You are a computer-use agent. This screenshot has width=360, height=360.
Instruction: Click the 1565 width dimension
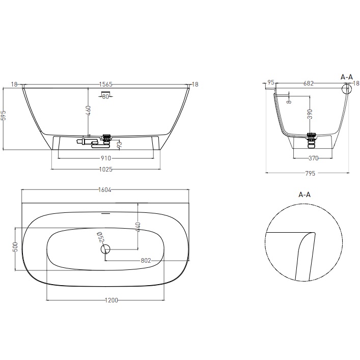(x=106, y=85)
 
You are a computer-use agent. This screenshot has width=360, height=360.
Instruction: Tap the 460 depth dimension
(x=88, y=110)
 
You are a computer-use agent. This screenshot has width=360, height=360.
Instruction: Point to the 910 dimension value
(x=106, y=158)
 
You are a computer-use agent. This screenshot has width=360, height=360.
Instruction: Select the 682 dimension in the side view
(x=308, y=83)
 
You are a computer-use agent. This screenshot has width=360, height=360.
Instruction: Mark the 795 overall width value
(x=309, y=173)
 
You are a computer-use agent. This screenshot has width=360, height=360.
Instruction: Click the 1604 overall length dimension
(x=105, y=190)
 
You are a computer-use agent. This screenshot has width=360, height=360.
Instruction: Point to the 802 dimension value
(x=146, y=260)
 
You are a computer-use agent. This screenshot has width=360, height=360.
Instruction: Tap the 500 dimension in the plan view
(x=16, y=247)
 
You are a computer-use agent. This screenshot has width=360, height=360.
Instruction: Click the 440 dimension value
(x=137, y=226)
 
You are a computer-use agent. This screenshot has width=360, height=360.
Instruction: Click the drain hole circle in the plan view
(x=105, y=249)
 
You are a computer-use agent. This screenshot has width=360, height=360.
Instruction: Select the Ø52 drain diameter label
(x=100, y=237)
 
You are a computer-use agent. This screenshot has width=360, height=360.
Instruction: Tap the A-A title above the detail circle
(x=304, y=195)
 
